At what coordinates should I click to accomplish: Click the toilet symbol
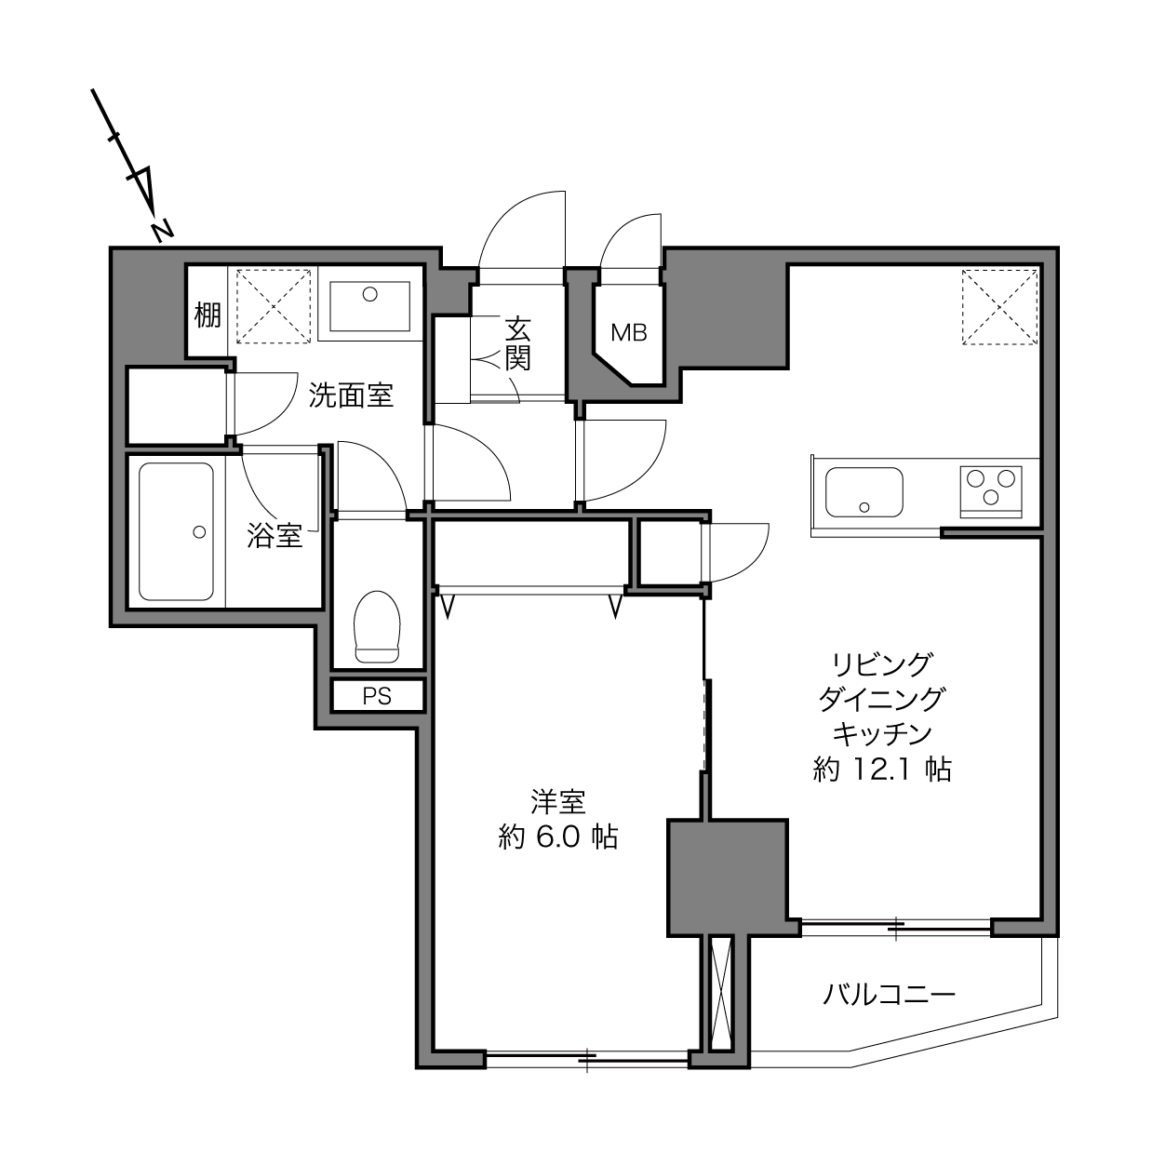[x=378, y=627]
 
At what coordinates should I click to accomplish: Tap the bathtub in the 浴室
[x=176, y=531]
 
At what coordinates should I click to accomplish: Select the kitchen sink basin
[x=864, y=492]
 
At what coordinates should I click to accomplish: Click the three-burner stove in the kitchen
[x=991, y=492]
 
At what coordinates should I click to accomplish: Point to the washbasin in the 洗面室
[x=369, y=306]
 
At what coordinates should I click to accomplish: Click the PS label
[x=377, y=696]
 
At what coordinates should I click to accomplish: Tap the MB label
[x=629, y=332]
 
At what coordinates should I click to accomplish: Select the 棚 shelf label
[x=208, y=315]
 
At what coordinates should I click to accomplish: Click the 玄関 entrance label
[x=517, y=343]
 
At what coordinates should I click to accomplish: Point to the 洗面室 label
[x=351, y=395]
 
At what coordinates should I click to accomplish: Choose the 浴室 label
[x=275, y=535]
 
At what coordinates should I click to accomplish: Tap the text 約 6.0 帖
[x=558, y=837]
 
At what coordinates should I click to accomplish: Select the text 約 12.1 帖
[x=882, y=770]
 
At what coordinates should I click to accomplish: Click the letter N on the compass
[x=162, y=231]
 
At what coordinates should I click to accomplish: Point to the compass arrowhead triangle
[x=141, y=191]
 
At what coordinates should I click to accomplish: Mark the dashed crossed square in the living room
[x=999, y=307]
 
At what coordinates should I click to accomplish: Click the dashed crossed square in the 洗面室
[x=274, y=306]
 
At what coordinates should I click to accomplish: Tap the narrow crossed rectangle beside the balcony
[x=720, y=993]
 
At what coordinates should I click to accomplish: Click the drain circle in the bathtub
[x=199, y=532]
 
